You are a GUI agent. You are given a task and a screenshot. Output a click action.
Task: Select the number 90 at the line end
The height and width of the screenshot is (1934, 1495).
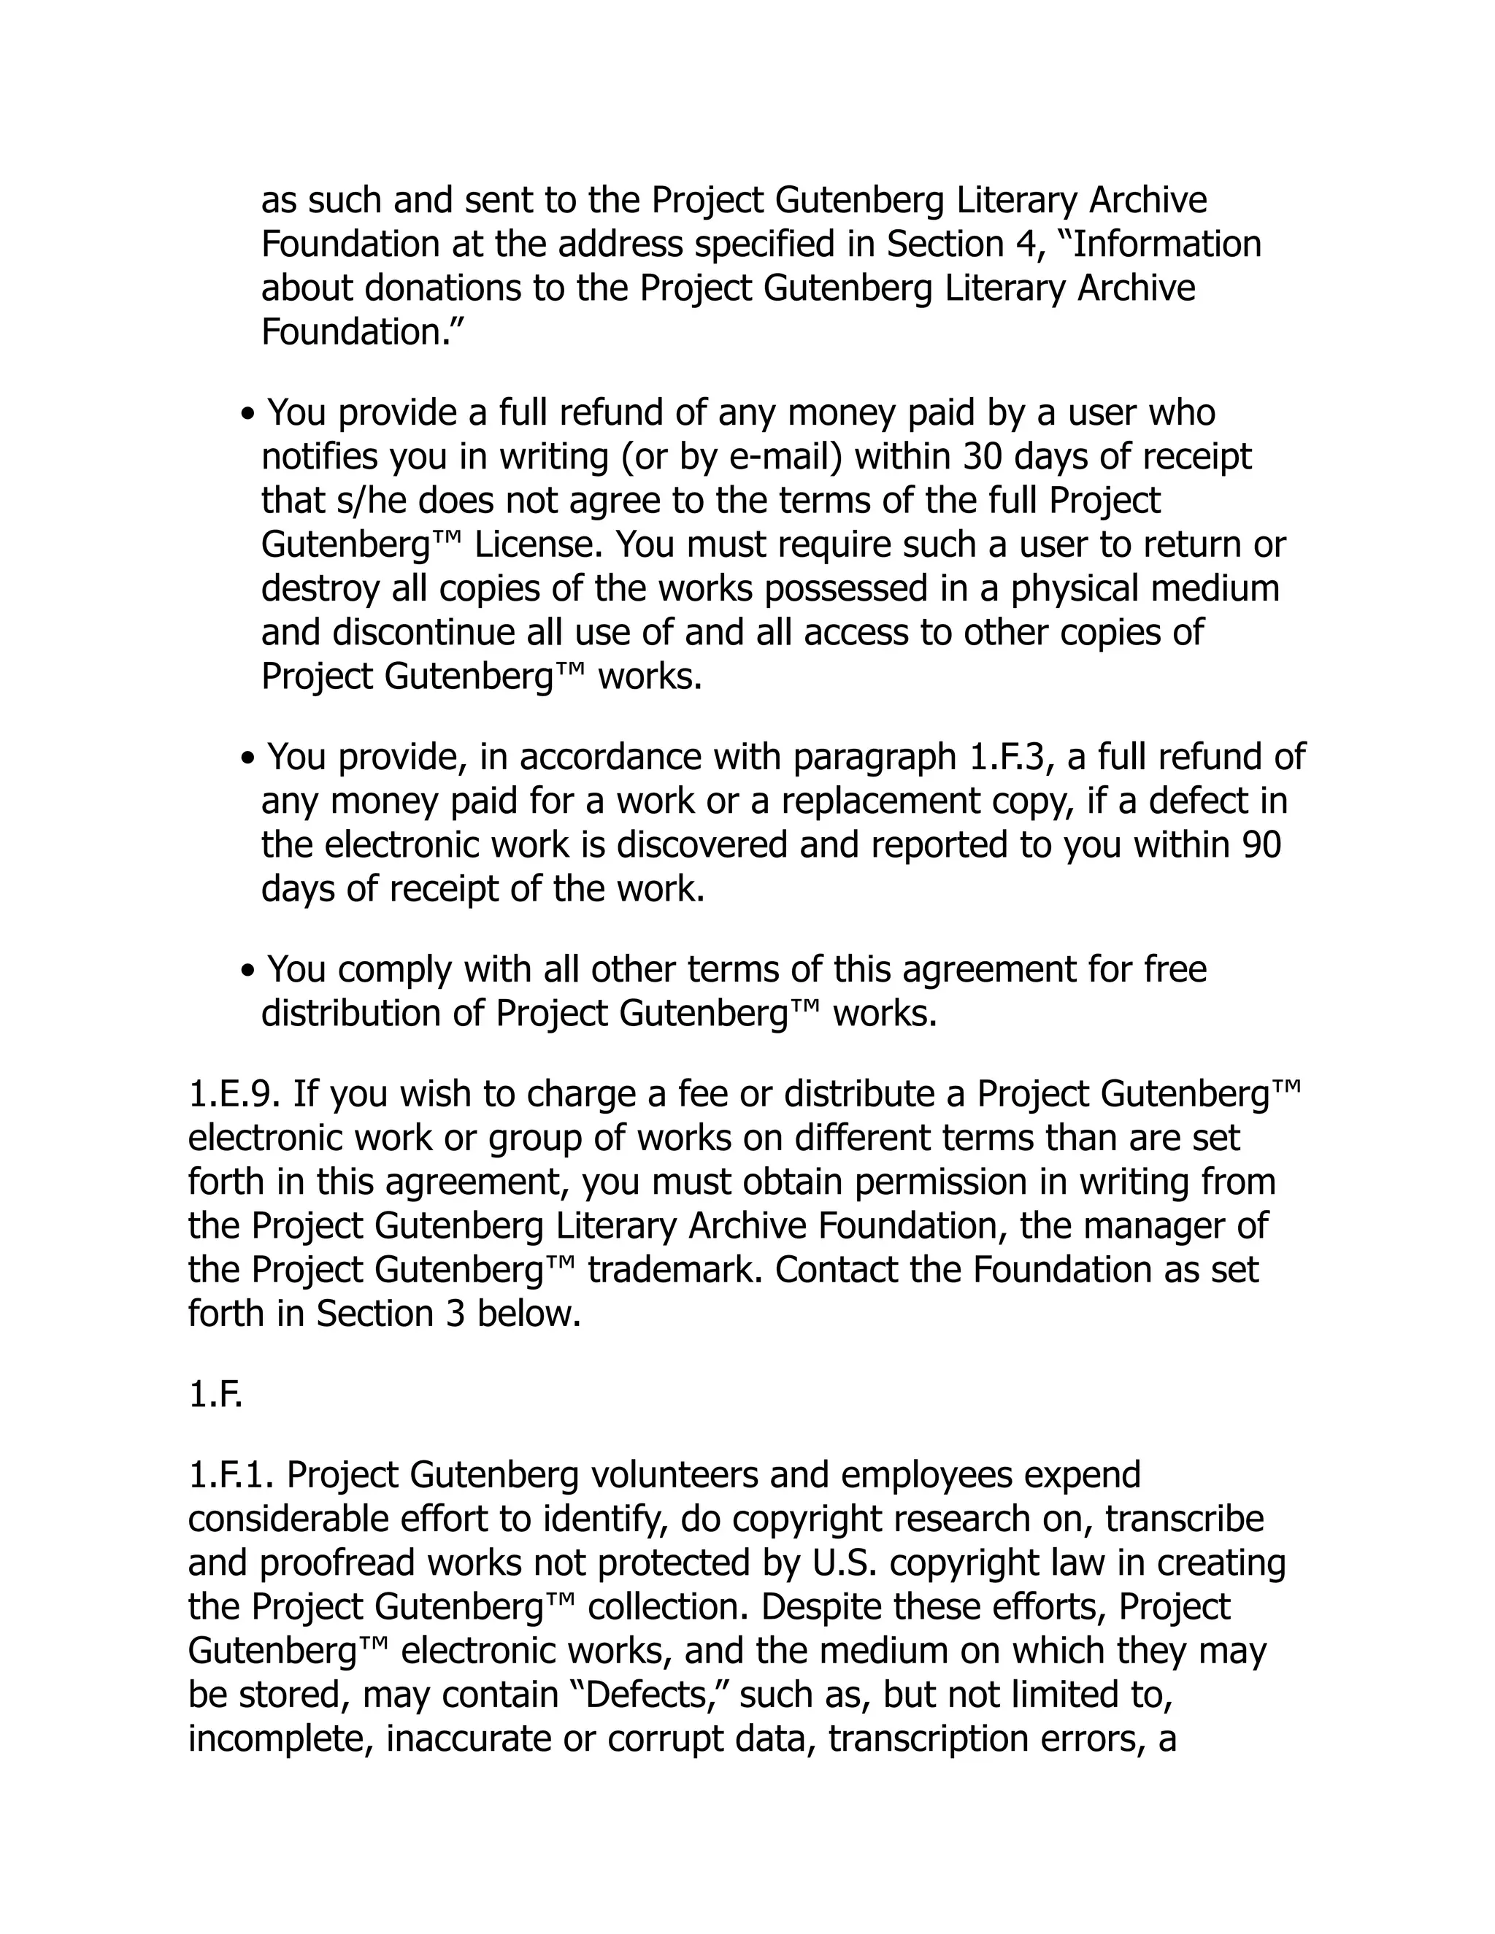click(1261, 845)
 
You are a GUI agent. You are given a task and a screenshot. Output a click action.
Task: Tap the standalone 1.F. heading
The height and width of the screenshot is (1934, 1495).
click(215, 1395)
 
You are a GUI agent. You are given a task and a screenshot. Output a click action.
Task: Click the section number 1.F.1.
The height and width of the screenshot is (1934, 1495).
click(233, 1475)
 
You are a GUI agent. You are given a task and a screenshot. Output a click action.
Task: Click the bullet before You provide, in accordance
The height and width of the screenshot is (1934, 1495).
click(249, 759)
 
